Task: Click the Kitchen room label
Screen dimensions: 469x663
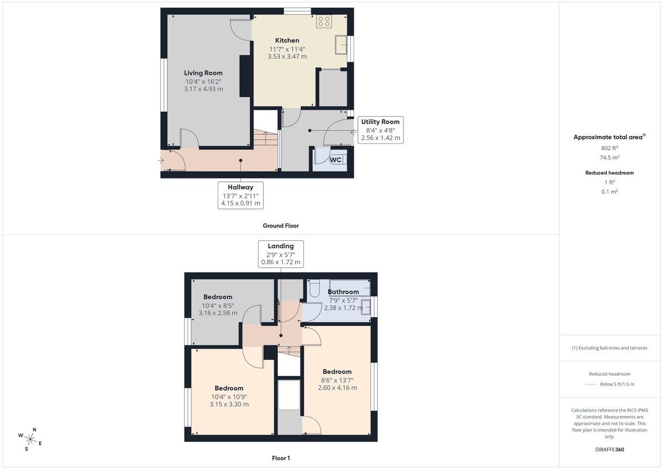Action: pos(287,40)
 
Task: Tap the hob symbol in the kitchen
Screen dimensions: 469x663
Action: pos(324,22)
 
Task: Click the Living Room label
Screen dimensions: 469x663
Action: pos(203,72)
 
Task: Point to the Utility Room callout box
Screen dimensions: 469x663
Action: pos(381,130)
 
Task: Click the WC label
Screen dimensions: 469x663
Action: pos(336,160)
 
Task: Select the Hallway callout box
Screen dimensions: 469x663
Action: pos(240,195)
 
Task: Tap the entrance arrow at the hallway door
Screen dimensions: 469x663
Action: pos(160,161)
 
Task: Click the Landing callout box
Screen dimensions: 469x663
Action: pos(281,254)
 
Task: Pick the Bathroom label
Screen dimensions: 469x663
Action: pos(343,292)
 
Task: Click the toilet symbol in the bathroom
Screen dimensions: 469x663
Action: pos(314,288)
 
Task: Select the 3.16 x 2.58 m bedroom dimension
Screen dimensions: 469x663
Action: pos(218,313)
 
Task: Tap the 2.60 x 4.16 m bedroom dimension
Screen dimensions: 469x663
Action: pos(337,388)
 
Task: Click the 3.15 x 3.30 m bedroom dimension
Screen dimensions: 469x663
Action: pos(229,404)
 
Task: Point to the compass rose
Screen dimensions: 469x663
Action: pos(31,439)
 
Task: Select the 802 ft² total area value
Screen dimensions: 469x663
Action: pos(610,147)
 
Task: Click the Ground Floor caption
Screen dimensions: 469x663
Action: pos(281,225)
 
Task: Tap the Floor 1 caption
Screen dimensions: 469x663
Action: pos(281,458)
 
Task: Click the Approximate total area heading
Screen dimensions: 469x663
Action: pos(609,137)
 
